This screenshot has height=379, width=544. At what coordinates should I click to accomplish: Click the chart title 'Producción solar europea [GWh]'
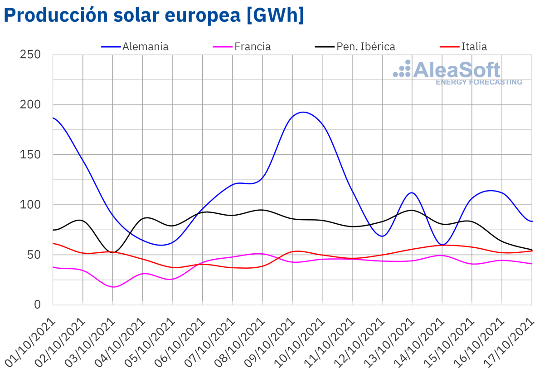click(153, 15)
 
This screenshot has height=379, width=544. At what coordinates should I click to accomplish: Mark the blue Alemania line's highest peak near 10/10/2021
click(302, 112)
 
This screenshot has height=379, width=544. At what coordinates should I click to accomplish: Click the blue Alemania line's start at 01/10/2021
click(53, 118)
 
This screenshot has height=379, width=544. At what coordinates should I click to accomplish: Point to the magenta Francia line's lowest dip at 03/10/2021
click(113, 287)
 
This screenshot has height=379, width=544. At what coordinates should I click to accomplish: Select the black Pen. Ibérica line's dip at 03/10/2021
click(113, 252)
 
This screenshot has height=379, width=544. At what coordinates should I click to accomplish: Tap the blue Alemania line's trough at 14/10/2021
click(442, 245)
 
